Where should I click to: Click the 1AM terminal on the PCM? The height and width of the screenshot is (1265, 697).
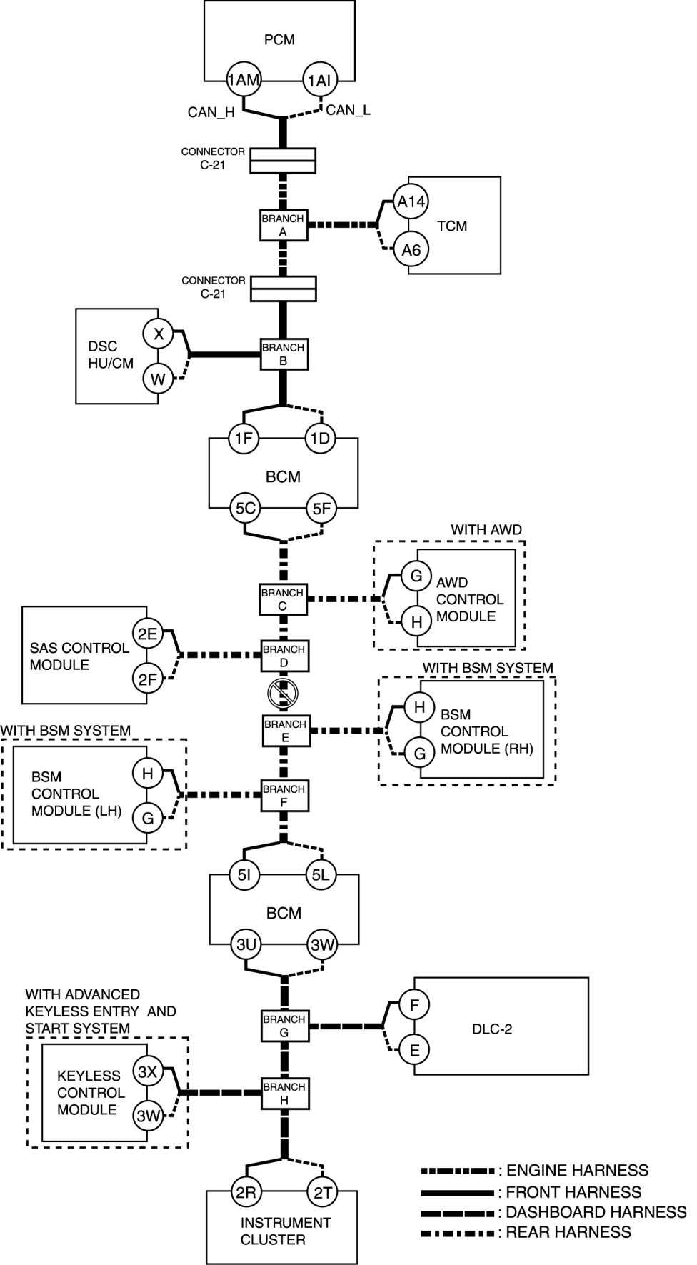(244, 80)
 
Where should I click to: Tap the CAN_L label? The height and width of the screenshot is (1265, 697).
(348, 111)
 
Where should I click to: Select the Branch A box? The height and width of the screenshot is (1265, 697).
(283, 225)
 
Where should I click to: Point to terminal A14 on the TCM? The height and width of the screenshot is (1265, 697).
(411, 202)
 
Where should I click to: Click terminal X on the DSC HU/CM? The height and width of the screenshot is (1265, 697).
(159, 334)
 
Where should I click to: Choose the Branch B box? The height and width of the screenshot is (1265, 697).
(283, 354)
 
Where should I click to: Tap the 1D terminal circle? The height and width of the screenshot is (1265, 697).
(321, 438)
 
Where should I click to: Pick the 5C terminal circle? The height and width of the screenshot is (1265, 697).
(246, 509)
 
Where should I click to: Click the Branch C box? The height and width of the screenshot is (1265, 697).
(283, 599)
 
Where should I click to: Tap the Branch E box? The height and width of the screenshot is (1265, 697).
(285, 731)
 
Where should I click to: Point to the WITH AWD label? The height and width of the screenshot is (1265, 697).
(486, 530)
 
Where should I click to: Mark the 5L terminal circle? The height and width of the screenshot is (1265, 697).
(321, 874)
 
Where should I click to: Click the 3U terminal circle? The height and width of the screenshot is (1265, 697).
(246, 945)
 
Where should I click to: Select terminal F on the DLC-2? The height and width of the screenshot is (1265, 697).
(414, 1005)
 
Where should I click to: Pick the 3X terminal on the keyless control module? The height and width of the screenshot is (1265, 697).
(148, 1072)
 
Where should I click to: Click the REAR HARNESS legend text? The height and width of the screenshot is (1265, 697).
(568, 1232)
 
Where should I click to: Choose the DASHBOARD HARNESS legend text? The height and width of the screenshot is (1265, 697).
(596, 1212)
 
